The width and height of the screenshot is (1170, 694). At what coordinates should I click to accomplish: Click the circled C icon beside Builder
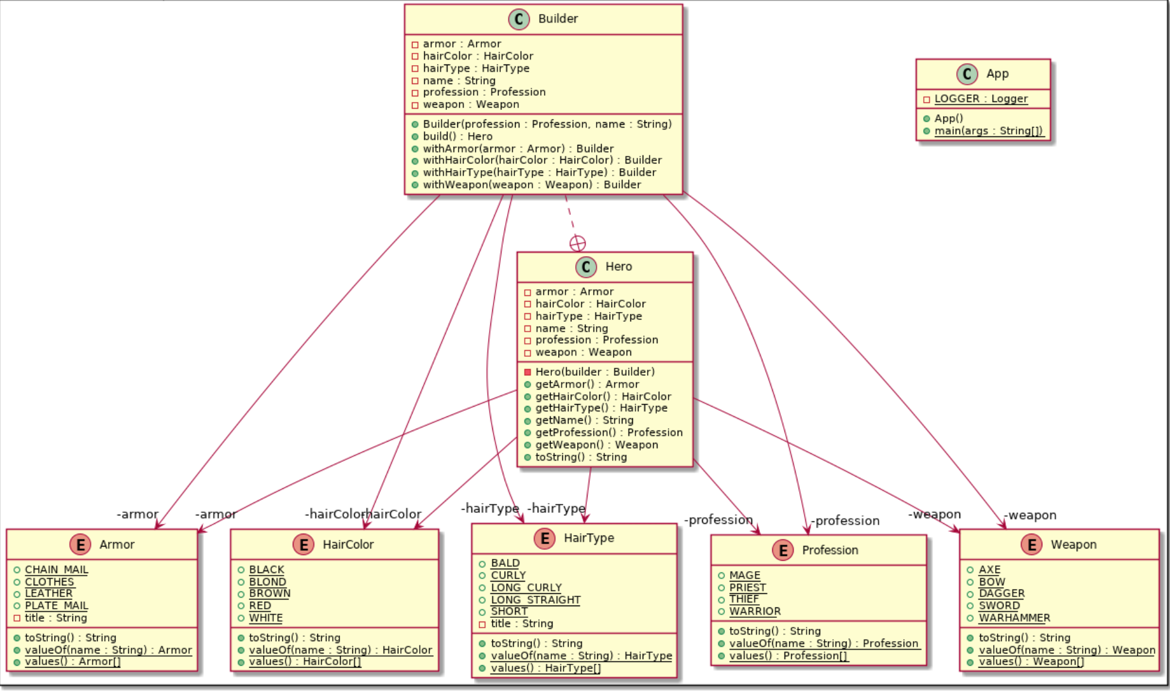click(519, 19)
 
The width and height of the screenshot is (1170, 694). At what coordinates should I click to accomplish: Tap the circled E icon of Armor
click(80, 544)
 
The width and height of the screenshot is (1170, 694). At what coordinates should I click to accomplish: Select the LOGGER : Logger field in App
click(980, 99)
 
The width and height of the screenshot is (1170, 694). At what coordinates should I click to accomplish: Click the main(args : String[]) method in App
click(988, 131)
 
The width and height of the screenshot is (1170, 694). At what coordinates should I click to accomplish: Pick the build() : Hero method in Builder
click(457, 136)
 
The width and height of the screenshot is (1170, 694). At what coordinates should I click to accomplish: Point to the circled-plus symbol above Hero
click(578, 244)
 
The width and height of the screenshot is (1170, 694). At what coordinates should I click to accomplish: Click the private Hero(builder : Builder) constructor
click(594, 372)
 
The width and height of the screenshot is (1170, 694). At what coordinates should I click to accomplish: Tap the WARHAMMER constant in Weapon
click(1014, 618)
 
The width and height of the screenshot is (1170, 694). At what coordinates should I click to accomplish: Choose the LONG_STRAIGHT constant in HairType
click(535, 599)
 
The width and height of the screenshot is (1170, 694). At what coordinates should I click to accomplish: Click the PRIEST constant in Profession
click(747, 587)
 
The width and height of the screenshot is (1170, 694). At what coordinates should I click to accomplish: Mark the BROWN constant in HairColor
click(269, 593)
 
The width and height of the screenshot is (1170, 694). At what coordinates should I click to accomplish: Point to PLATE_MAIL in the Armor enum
click(56, 606)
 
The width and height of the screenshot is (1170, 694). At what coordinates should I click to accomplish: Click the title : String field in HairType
click(521, 623)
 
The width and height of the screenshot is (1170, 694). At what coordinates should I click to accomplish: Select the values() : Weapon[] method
click(1031, 661)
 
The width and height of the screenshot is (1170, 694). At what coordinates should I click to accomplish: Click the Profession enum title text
click(830, 550)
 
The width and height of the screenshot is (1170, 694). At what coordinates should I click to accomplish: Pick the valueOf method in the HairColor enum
click(340, 650)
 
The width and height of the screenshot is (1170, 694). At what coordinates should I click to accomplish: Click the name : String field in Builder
click(459, 80)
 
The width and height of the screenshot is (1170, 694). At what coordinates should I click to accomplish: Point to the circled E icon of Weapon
click(1031, 544)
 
